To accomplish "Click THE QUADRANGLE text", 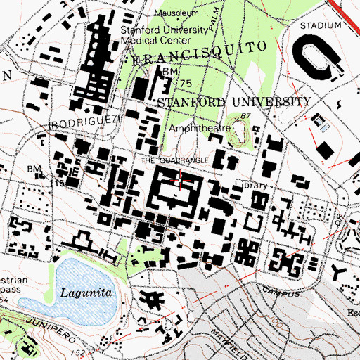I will coord(174,160).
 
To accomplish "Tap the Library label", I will coord(251,186).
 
